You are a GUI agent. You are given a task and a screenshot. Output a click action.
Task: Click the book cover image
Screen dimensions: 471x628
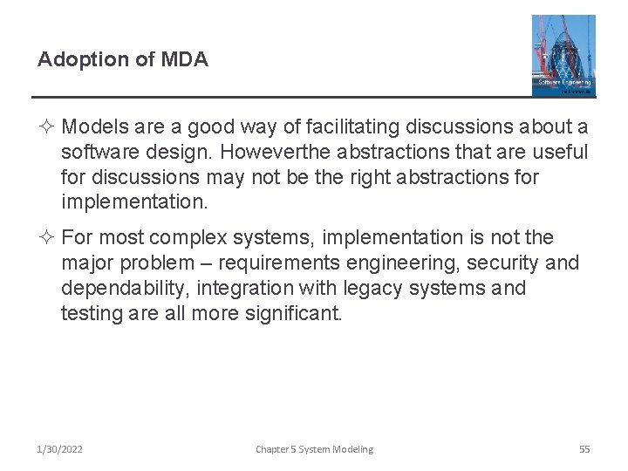pos(563,55)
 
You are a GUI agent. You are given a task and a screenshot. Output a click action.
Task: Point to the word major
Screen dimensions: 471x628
pos(89,263)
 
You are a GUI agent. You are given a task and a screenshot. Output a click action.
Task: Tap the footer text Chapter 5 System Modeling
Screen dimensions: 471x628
pos(314,449)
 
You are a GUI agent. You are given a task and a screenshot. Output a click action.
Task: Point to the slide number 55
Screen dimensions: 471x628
pos(584,449)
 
